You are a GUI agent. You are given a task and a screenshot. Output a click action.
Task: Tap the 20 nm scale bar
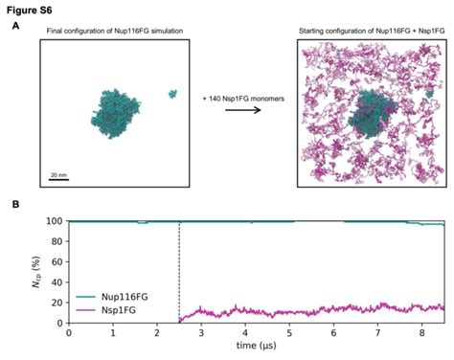coord(58,178)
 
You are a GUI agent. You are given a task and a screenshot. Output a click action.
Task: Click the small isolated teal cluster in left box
coord(172,94)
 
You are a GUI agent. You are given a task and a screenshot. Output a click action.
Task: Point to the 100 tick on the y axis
coord(54,221)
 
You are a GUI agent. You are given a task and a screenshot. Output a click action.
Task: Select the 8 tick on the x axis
coord(421,333)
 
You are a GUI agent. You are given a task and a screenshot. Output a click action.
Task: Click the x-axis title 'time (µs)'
coord(257,347)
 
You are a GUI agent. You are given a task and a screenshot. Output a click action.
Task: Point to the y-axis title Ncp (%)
coord(34,272)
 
